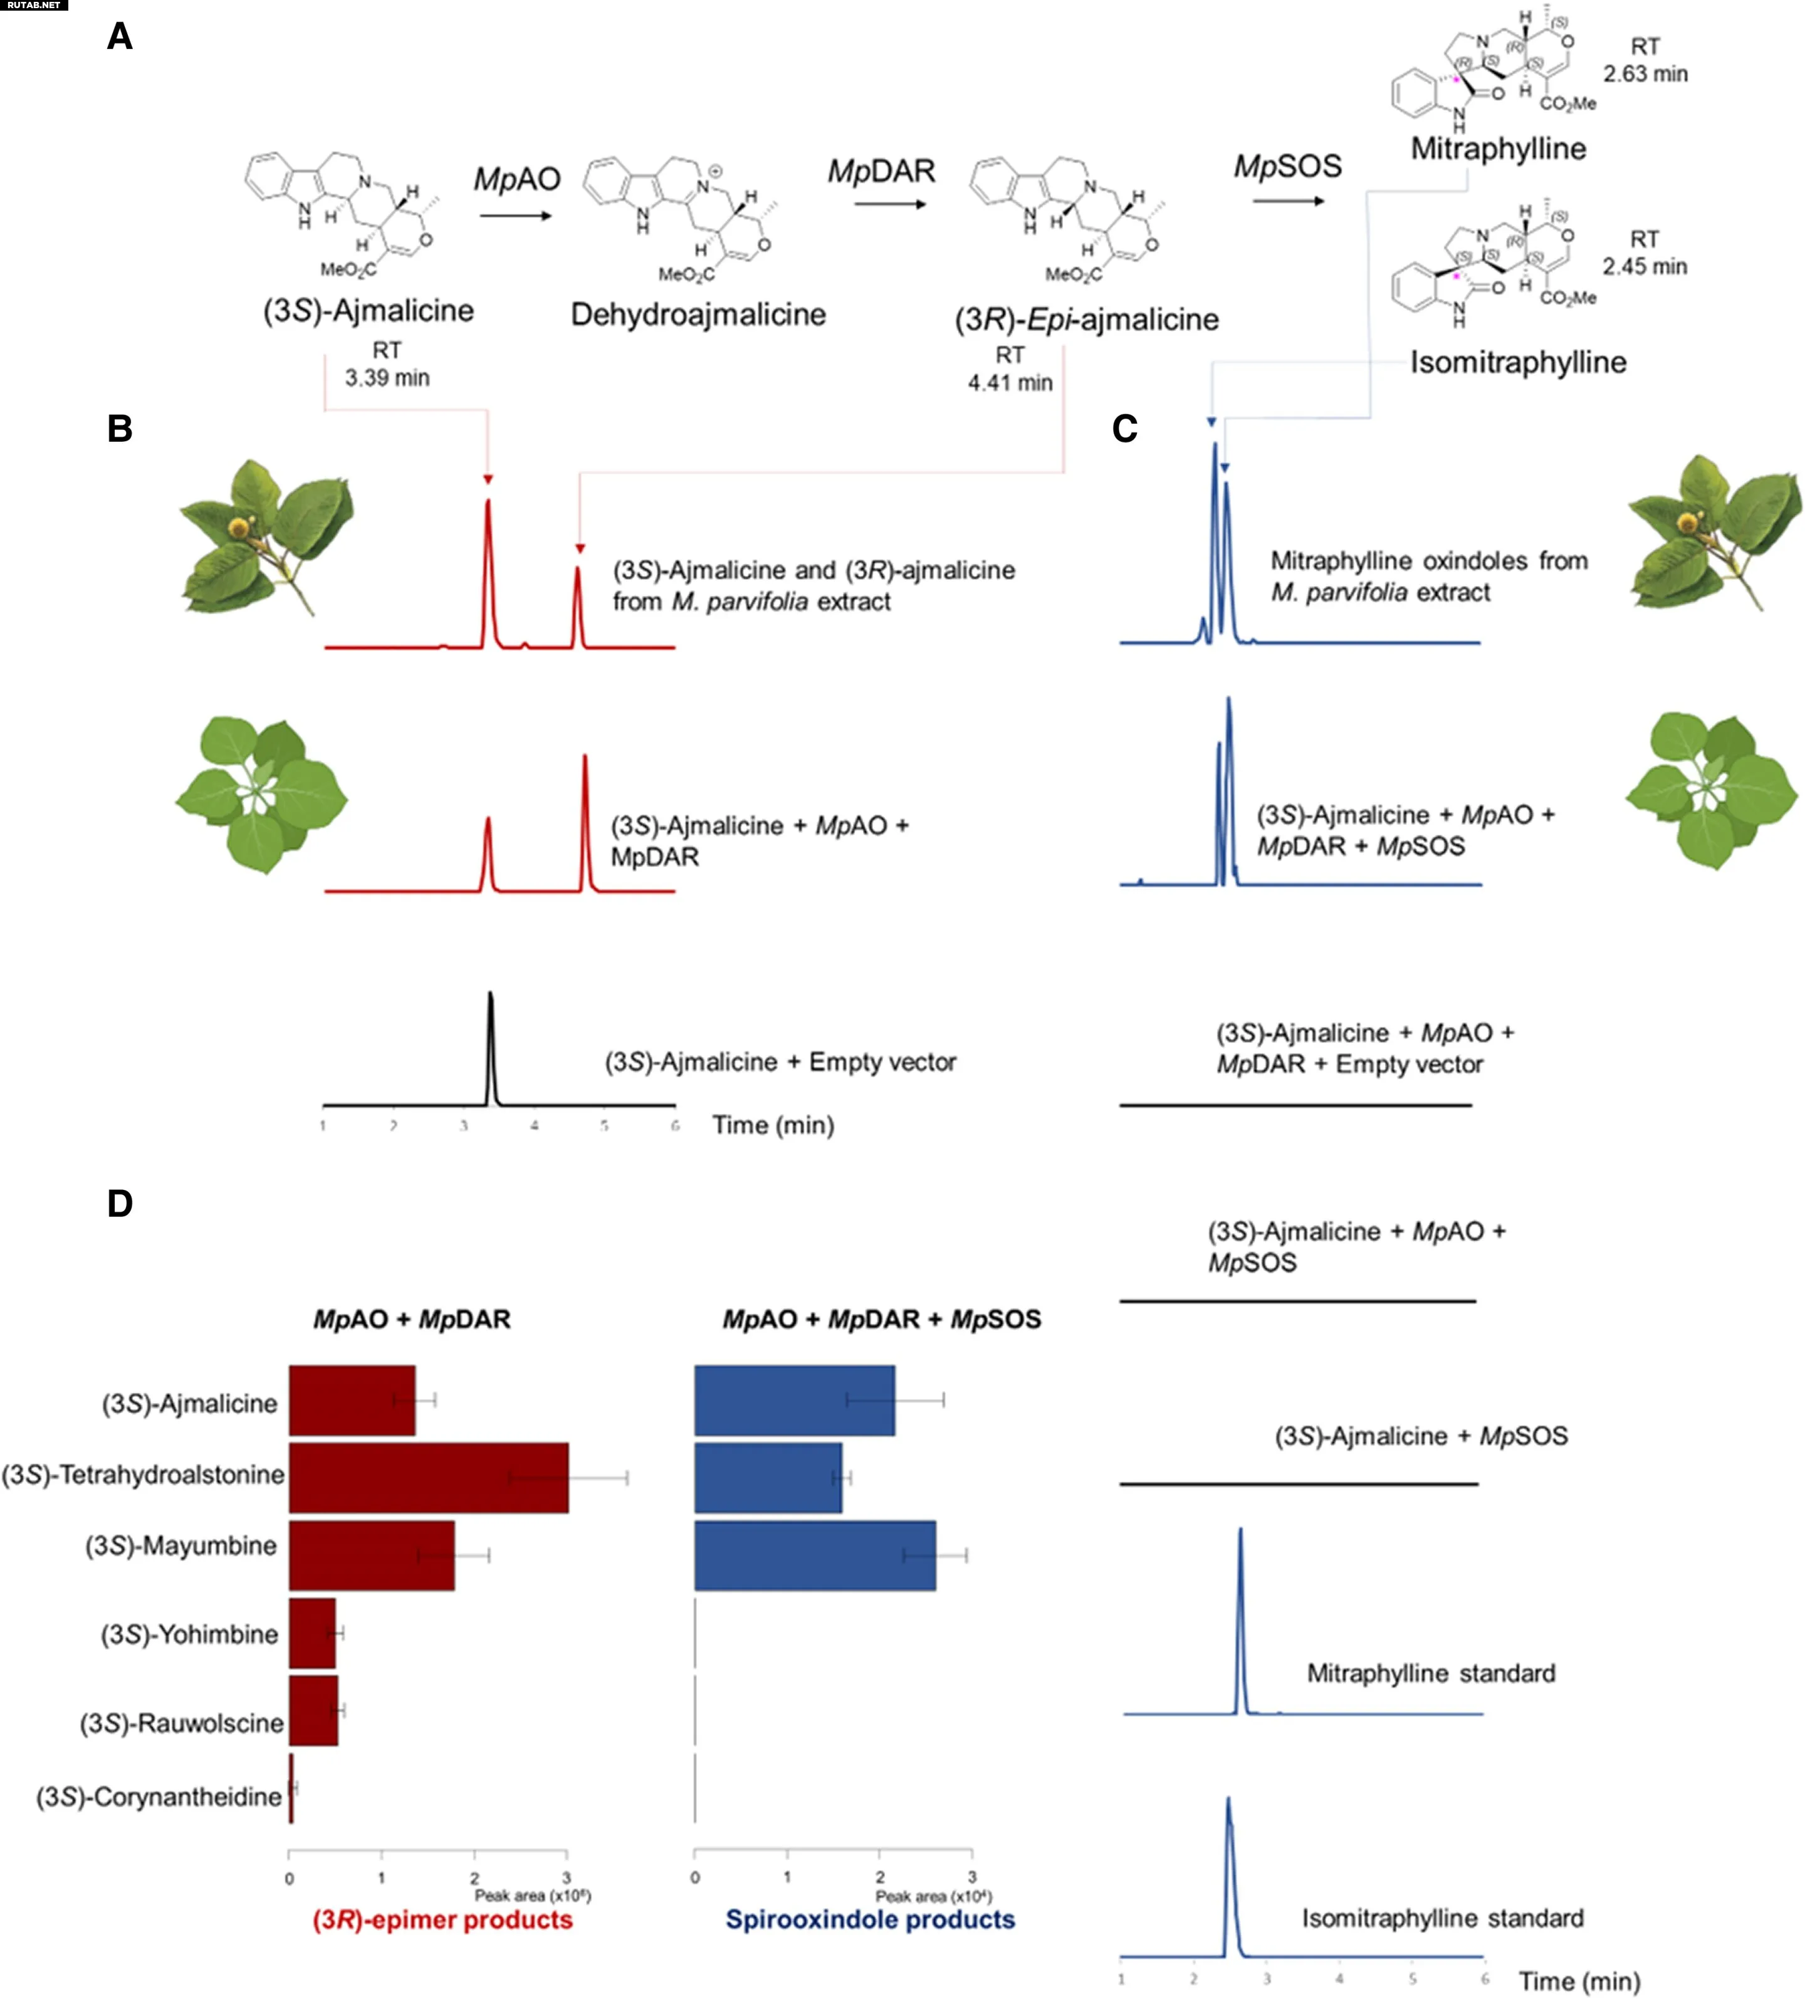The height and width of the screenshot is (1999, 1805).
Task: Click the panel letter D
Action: [x=120, y=1204]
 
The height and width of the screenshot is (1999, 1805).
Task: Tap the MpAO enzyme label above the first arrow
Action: [x=516, y=179]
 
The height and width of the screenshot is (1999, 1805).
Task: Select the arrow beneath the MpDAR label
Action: [x=889, y=204]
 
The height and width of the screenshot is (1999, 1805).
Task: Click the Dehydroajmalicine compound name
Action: [x=698, y=315]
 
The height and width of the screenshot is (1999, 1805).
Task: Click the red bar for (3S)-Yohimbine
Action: [x=312, y=1633]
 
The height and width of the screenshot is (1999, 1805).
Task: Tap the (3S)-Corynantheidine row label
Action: [x=159, y=1797]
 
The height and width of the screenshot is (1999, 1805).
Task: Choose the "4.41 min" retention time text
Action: [x=1010, y=383]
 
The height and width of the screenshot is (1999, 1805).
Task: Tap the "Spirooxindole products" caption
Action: [x=870, y=1919]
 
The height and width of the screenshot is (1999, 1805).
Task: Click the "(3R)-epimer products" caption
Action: [x=442, y=1919]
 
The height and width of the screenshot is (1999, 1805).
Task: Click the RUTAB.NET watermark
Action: [x=34, y=6]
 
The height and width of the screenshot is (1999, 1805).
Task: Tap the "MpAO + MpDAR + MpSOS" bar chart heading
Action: [x=882, y=1319]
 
